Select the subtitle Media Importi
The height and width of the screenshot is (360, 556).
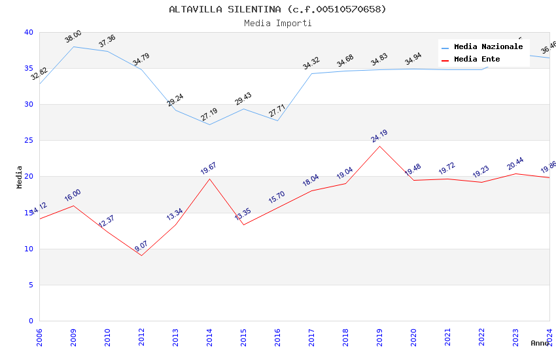coord(277,23)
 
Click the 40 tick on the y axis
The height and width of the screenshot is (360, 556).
coord(28,32)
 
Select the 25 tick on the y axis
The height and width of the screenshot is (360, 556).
coord(28,141)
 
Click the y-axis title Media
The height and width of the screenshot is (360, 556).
coord(20,177)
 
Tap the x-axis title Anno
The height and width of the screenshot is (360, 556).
coord(540,343)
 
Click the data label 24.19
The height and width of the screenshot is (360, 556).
coord(379,136)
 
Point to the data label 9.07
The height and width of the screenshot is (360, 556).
coord(141,246)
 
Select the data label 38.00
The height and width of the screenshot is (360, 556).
coord(73,37)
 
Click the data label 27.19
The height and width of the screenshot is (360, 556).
coord(209,115)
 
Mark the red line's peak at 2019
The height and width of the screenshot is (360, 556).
coord(379,146)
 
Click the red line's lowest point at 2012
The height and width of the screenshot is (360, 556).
coord(141,255)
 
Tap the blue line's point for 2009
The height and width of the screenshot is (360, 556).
coord(73,46)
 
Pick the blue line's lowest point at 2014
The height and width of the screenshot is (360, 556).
coord(209,124)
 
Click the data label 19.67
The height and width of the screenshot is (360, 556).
coord(209,169)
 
